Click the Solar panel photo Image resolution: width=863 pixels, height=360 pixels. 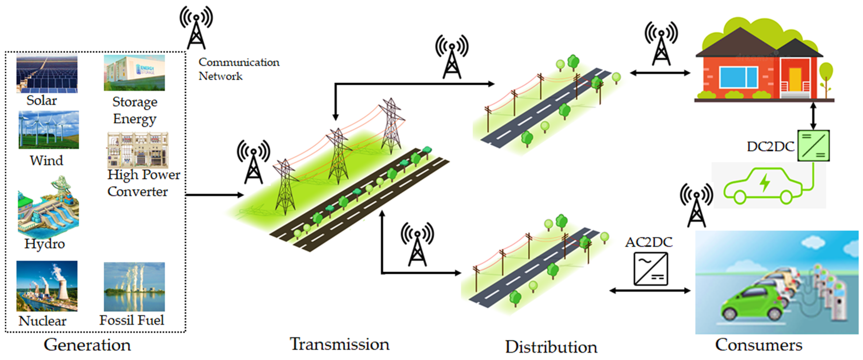point(47,74)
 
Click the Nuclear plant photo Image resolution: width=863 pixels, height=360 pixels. point(47,286)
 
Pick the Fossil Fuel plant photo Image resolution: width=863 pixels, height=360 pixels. point(134,287)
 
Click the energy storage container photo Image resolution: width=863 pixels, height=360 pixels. point(134,73)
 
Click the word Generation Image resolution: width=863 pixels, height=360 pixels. point(87,345)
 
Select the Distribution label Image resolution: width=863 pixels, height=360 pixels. point(551,347)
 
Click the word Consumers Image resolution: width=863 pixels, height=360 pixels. point(759,345)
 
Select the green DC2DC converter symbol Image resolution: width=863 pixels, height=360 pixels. point(814,146)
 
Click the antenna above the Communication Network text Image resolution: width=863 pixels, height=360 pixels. point(196,28)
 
